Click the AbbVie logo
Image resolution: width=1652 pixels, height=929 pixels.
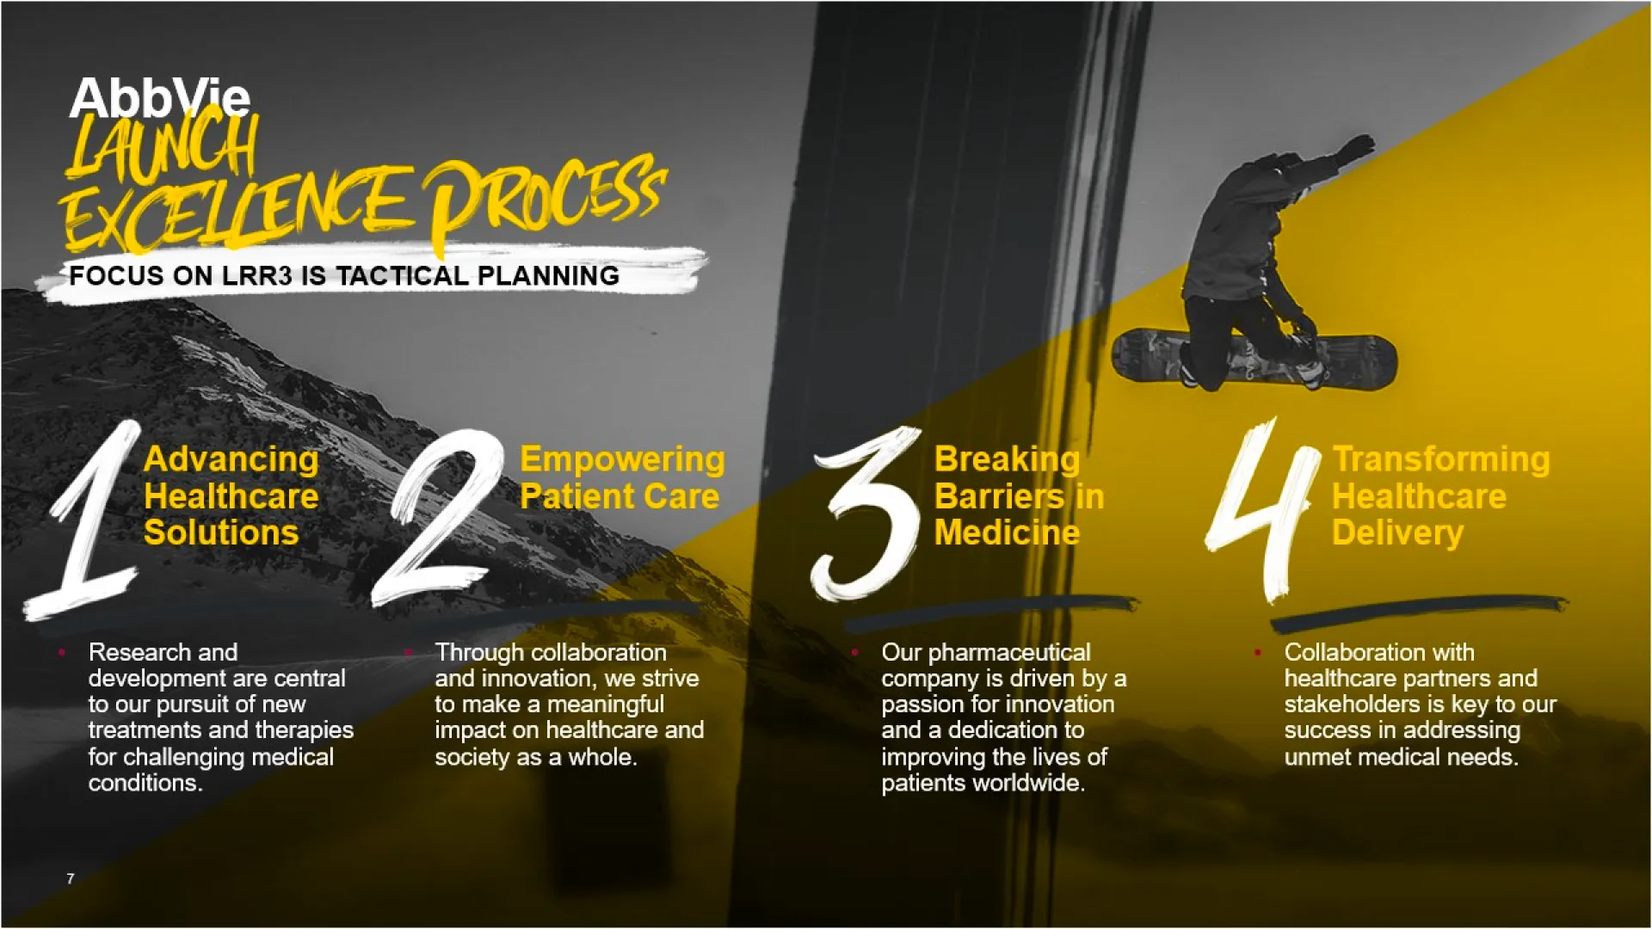tap(160, 98)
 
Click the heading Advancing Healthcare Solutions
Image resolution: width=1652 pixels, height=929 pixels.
tap(231, 496)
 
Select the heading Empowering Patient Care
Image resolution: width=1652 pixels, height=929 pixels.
tap(622, 478)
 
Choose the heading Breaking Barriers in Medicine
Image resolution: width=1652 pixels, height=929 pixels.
tap(1020, 496)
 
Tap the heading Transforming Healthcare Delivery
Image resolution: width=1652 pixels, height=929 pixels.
tap(1441, 496)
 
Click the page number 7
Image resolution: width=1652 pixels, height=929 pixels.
tap(71, 878)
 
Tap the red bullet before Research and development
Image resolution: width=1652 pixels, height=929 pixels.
tap(62, 653)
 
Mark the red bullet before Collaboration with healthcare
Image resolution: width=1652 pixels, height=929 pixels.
tap(1258, 653)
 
